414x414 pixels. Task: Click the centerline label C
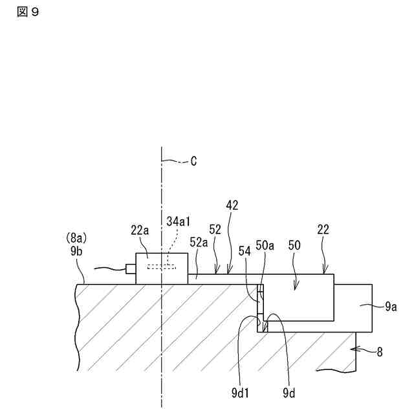pyautogui.click(x=193, y=161)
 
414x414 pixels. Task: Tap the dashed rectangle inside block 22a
pyautogui.click(x=161, y=267)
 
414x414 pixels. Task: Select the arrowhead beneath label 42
pyautogui.click(x=228, y=272)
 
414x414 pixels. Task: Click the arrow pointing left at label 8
pyautogui.click(x=362, y=351)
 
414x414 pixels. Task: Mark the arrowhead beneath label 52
pyautogui.click(x=216, y=272)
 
